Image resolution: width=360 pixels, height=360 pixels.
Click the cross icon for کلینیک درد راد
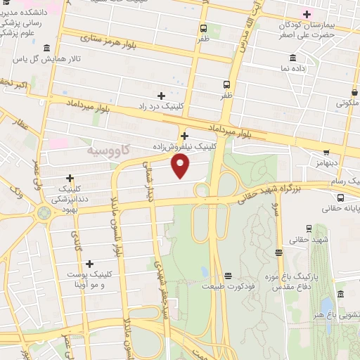point(161,95)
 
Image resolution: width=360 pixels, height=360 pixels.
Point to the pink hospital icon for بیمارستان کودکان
point(307,14)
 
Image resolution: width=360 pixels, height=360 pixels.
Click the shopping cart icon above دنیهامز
point(326,151)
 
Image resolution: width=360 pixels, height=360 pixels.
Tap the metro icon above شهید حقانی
point(309,229)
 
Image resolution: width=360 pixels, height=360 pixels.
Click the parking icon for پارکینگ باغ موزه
point(279,252)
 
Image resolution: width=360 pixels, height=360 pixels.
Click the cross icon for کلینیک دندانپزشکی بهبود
point(70,178)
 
